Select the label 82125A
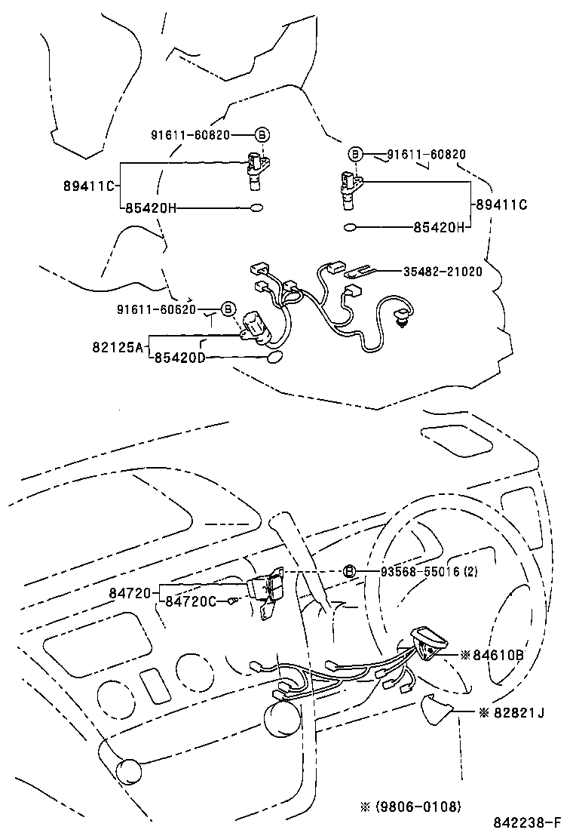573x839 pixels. (x=118, y=347)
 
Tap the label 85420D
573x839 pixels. (x=179, y=358)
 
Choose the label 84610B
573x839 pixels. (x=498, y=654)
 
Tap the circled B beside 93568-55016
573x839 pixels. (x=349, y=572)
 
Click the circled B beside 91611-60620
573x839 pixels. (x=228, y=309)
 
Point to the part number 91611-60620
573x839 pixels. (x=156, y=309)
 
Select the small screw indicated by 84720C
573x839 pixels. (x=233, y=601)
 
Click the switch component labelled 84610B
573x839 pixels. (x=427, y=643)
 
